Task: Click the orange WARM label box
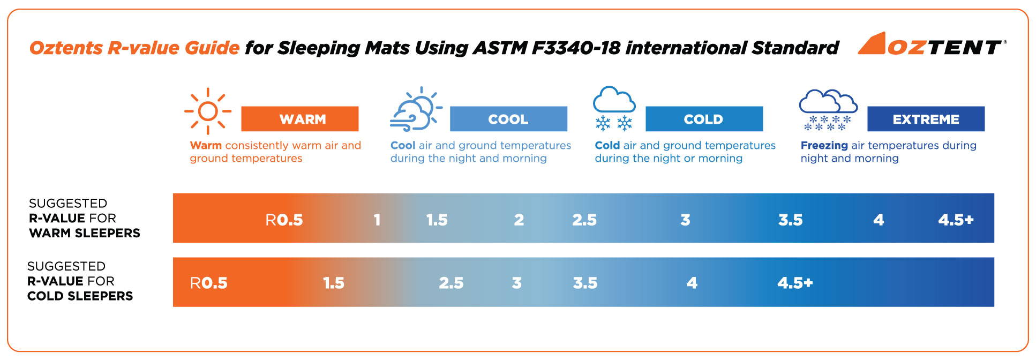299,119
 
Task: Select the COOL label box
508,119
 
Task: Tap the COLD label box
704,119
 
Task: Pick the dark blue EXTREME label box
926,119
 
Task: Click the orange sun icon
208,111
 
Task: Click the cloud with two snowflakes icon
614,108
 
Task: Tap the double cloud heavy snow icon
828,110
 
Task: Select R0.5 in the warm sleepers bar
284,220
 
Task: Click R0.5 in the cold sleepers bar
209,283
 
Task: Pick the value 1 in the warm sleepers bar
377,220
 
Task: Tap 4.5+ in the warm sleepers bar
956,220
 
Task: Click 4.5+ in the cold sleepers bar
795,283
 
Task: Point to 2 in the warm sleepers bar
519,220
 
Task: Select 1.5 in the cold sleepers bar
333,283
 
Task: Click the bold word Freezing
824,146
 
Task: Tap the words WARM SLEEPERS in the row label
85,233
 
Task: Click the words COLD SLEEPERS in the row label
80,296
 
